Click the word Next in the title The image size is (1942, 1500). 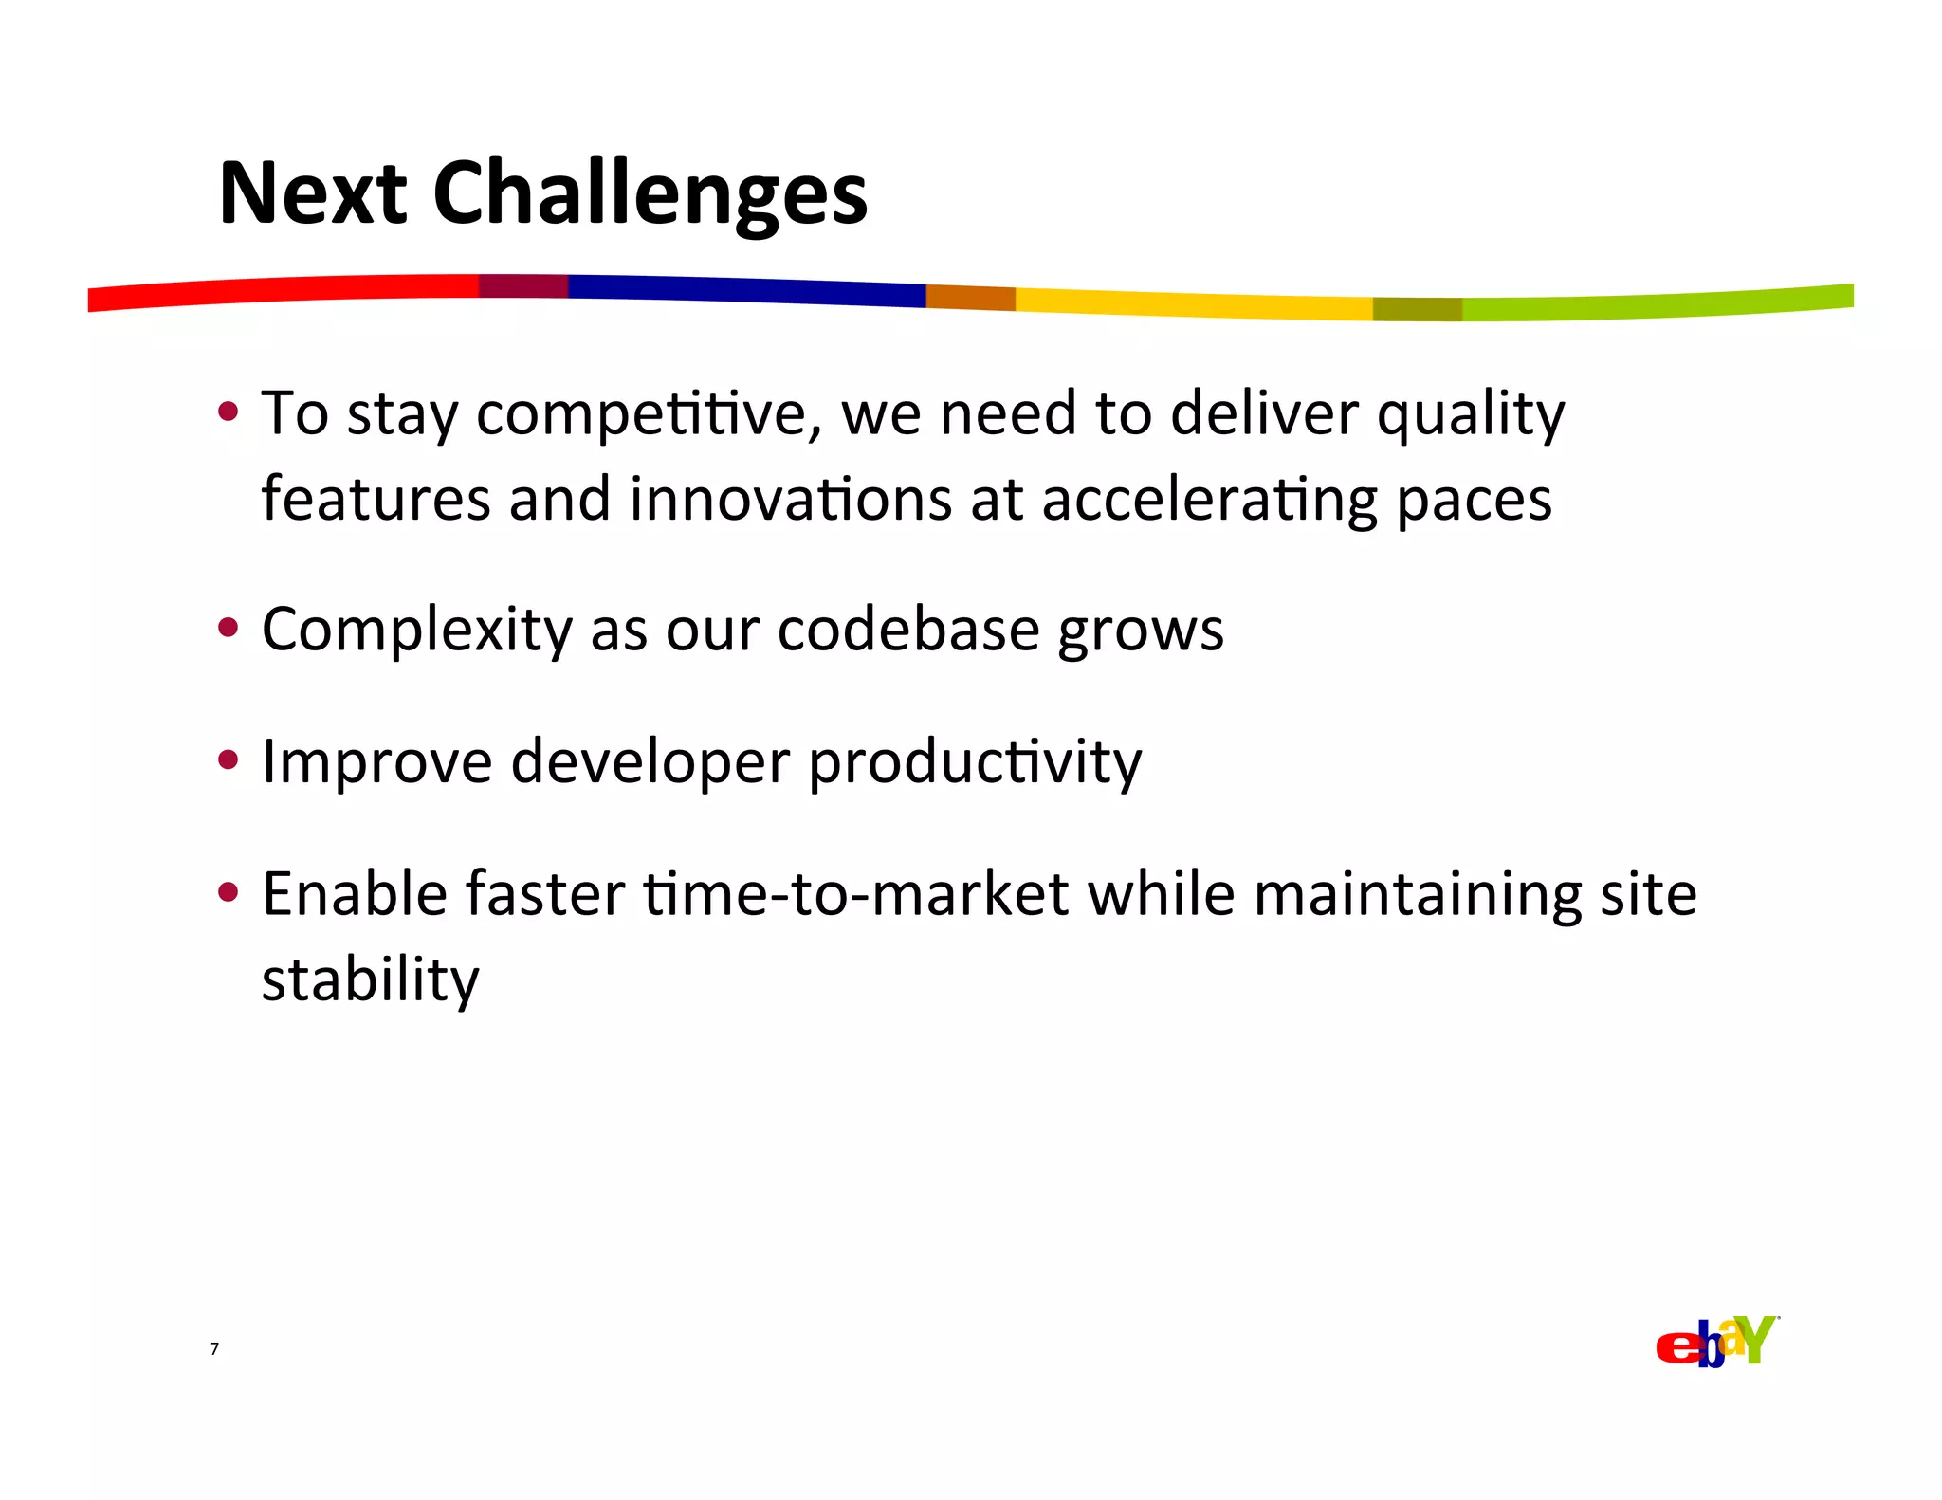click(x=312, y=194)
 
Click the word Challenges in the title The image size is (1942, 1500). click(x=650, y=194)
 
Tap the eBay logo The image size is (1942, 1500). click(x=1716, y=1343)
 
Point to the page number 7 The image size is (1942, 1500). click(x=214, y=1349)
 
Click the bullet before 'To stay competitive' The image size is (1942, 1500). click(x=228, y=412)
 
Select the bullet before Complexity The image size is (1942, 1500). click(x=228, y=628)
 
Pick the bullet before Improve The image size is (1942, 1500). click(x=228, y=759)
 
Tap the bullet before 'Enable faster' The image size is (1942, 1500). click(x=228, y=892)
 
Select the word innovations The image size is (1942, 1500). click(x=790, y=500)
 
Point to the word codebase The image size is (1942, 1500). click(x=908, y=630)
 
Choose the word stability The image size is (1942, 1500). click(x=371, y=980)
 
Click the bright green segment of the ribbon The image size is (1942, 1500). click(x=1659, y=304)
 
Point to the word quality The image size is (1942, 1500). click(x=1470, y=415)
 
